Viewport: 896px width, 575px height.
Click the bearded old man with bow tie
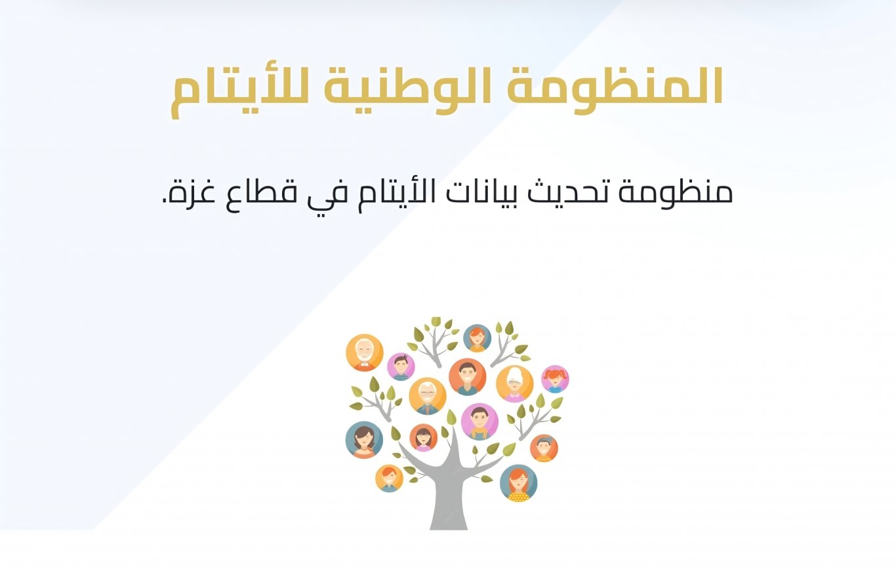[x=364, y=352]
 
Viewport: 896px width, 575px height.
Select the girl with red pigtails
[x=555, y=379]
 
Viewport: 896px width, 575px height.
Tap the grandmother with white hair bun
[x=515, y=383]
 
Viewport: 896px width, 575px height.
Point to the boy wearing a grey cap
[x=544, y=448]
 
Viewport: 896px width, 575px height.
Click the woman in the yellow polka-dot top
[x=518, y=483]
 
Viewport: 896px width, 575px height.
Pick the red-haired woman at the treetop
[x=477, y=338]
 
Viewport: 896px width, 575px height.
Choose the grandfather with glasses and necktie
[x=428, y=396]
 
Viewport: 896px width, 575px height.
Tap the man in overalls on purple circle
[x=479, y=421]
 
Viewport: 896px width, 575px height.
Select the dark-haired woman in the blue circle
[x=364, y=440]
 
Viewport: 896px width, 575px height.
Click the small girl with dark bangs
[x=424, y=437]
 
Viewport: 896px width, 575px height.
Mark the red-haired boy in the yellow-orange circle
[x=389, y=478]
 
